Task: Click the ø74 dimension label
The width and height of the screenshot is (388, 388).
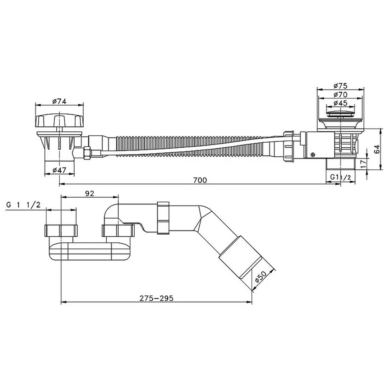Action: (x=59, y=101)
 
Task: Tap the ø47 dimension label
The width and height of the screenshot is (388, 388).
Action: (x=59, y=170)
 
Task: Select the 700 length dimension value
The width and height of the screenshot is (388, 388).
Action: (x=200, y=180)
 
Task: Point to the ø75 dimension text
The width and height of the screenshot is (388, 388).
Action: (x=341, y=86)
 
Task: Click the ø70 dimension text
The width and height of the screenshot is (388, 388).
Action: (x=341, y=94)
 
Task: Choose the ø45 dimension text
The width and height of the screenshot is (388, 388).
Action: (x=341, y=103)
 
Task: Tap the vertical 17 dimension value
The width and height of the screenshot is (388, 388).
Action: (x=363, y=164)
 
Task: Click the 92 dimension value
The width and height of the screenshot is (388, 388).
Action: (x=89, y=193)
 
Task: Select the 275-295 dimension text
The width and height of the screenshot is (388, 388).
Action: (x=156, y=298)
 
